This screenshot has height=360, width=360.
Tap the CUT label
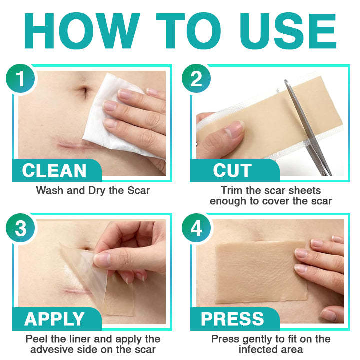232,171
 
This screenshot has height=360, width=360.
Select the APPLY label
55,319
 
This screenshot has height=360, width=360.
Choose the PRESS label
232,319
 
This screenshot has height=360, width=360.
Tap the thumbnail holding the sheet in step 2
231,133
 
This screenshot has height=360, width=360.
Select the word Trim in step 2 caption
232,190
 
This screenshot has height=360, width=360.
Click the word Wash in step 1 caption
49,190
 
